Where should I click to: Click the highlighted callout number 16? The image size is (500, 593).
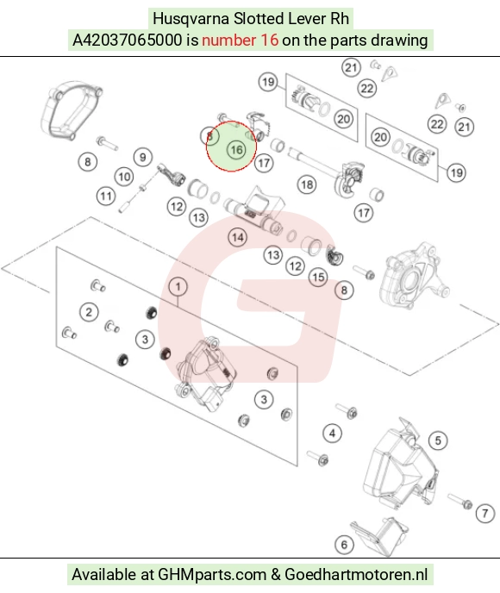pos(236,150)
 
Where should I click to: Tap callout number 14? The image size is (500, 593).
pos(238,238)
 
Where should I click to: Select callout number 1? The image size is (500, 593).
pos(178,287)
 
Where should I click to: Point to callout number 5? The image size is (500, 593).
pos(438,440)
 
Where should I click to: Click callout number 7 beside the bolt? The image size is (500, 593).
pos(485,513)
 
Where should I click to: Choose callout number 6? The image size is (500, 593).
pos(344,545)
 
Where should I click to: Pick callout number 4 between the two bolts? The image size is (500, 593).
pos(332,433)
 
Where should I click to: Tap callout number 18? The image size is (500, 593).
pos(307,184)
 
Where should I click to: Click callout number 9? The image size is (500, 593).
pos(142,157)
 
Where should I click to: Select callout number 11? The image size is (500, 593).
pos(106,196)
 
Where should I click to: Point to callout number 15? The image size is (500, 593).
pos(318,278)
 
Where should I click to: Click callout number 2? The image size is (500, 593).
pos(89,312)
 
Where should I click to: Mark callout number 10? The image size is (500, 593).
pos(124,177)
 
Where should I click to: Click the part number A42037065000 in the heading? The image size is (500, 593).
pos(127,41)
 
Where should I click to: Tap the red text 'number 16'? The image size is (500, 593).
pos(241,41)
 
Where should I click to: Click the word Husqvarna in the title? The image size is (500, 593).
pos(191,19)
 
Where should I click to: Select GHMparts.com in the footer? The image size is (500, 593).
pos(212,574)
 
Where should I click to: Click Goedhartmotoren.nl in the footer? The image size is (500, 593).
pos(356,574)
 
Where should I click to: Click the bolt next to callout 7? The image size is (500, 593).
pos(459,500)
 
